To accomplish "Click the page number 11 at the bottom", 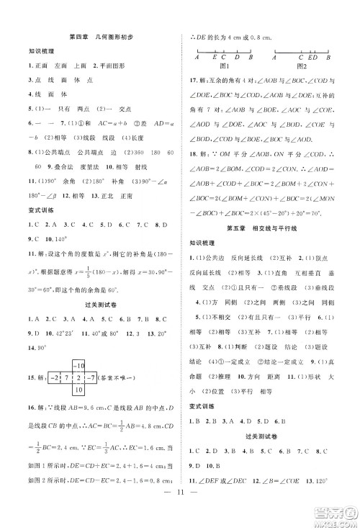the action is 181,514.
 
